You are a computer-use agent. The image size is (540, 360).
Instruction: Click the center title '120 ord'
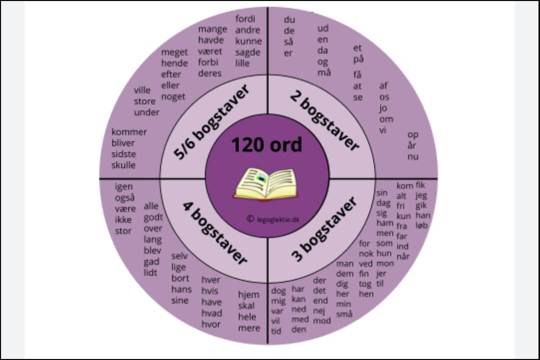(266, 145)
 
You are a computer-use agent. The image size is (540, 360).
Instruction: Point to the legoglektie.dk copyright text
(272, 218)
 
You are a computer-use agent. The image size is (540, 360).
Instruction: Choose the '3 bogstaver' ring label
(324, 229)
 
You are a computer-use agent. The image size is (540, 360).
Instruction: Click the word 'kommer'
(129, 132)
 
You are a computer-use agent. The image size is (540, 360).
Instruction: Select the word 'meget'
(174, 52)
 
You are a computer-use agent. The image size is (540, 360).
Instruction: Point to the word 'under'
(146, 112)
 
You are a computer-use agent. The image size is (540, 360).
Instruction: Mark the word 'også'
(124, 197)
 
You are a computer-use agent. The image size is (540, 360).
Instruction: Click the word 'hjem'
(248, 294)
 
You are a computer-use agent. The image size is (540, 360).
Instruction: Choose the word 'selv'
(179, 256)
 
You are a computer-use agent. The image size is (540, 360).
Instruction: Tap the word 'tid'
(276, 331)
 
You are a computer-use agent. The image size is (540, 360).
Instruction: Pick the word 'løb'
(422, 225)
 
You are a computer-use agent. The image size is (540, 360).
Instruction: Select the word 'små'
(344, 314)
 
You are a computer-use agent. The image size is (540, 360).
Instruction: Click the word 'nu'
(413, 157)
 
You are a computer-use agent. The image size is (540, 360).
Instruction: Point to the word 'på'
(358, 59)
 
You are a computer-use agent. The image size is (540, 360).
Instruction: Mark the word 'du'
(289, 20)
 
